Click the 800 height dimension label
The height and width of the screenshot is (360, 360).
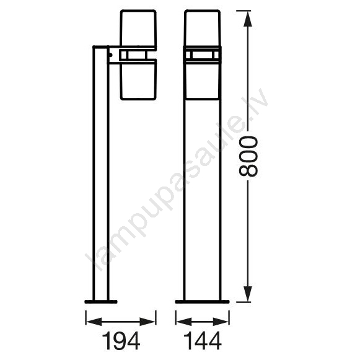tap(248, 156)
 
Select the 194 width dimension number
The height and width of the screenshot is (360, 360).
tap(121, 341)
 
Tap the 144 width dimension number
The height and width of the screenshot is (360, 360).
tap(203, 341)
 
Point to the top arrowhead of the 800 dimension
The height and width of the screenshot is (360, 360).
tap(247, 19)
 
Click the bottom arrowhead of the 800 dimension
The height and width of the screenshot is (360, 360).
tap(247, 294)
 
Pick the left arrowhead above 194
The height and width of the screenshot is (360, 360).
tap(94, 322)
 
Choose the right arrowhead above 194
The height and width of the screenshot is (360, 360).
tap(148, 322)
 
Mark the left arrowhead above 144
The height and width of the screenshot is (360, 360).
tap(183, 322)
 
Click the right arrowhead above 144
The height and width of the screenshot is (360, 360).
tap(221, 322)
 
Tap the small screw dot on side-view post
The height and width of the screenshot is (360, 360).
tap(111, 55)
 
